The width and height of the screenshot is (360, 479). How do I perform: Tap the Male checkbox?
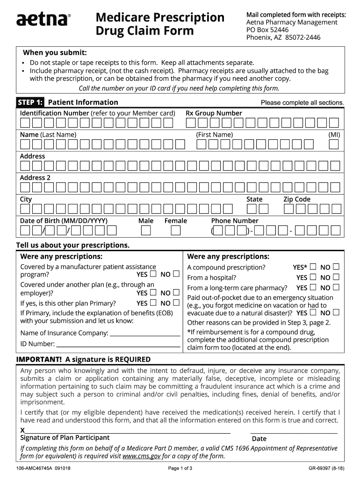point(146,231)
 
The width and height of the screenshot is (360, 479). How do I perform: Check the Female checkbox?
point(175,231)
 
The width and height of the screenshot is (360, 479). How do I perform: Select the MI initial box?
point(333,145)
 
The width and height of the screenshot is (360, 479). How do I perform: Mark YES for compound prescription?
point(313,267)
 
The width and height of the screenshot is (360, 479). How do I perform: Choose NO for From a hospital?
point(336,277)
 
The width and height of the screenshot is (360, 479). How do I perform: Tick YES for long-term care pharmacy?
point(313,288)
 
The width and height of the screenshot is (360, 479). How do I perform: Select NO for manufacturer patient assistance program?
point(176,274)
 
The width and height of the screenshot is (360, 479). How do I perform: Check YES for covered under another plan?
point(153,293)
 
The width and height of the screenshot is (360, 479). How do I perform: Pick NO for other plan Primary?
point(176,303)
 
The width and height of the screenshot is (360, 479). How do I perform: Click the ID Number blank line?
point(118,345)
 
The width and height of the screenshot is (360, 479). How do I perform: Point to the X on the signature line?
point(22,430)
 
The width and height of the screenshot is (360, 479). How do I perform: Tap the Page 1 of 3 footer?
point(180,468)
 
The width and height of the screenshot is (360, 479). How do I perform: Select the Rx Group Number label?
point(214,113)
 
